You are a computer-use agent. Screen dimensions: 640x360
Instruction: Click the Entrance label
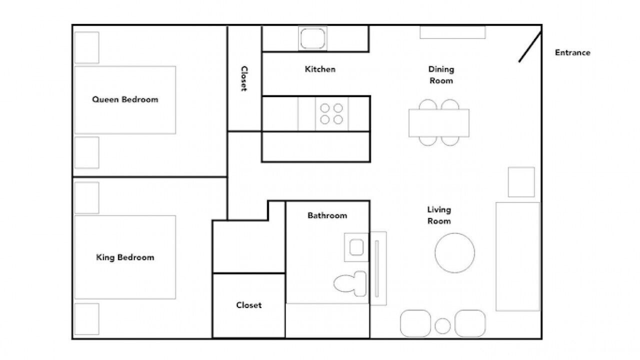[x=572, y=52]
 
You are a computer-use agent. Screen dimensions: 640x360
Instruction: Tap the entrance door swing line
[x=530, y=47]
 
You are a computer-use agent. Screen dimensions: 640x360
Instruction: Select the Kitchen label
[x=320, y=69]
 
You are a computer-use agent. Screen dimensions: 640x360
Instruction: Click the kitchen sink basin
[x=312, y=38]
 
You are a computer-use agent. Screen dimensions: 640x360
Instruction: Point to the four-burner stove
[x=331, y=113]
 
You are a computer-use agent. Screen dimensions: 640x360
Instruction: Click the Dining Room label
[x=441, y=75]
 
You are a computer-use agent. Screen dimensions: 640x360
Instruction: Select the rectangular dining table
[x=439, y=123]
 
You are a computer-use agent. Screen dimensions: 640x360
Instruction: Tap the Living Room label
[x=439, y=215]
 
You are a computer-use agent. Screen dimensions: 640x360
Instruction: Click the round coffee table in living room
[x=455, y=253]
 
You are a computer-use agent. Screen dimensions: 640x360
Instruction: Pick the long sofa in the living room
[x=517, y=256]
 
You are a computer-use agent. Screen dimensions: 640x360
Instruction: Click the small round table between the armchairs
[x=442, y=326]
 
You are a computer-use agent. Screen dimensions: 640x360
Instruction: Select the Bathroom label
[x=327, y=215]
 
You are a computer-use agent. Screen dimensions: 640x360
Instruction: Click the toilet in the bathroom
[x=350, y=283]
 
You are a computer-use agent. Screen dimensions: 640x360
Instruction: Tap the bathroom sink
[x=356, y=247]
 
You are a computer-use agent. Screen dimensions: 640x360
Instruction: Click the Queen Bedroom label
[x=125, y=99]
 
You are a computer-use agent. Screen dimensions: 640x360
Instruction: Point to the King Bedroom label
[x=125, y=257]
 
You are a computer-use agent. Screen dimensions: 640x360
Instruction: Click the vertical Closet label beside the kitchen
[x=244, y=78]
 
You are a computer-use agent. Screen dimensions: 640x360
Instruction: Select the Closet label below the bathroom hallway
[x=249, y=305]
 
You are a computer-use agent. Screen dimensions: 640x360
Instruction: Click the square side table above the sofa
[x=521, y=182]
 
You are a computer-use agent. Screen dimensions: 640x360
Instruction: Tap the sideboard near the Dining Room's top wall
[x=452, y=32]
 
